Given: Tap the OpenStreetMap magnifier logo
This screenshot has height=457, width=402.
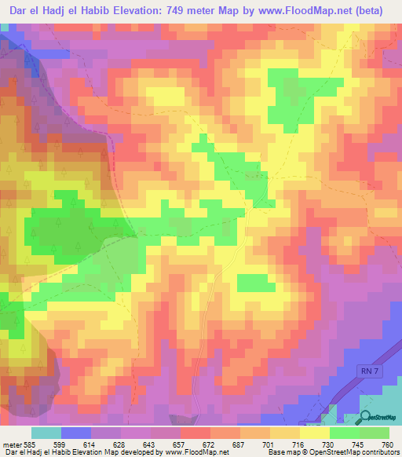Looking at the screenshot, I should (366, 417).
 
